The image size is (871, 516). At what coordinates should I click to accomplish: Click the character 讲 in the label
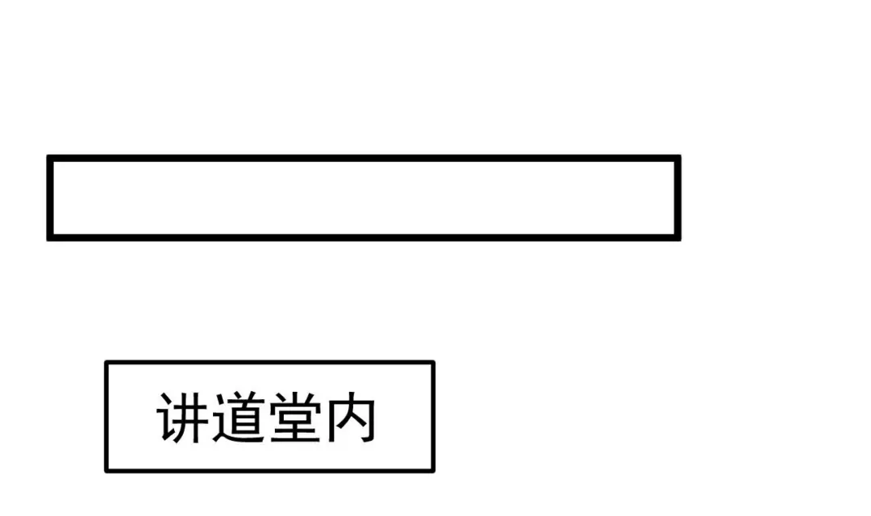184,418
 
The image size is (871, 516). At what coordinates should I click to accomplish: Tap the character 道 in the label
239,418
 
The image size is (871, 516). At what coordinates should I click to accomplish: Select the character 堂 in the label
294,418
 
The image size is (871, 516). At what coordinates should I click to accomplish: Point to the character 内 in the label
349,418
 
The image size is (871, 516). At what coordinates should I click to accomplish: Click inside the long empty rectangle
363,198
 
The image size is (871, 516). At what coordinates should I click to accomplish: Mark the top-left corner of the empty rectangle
49,158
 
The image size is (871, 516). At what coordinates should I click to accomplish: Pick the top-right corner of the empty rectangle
677,158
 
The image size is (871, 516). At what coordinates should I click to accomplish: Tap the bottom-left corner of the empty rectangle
49,238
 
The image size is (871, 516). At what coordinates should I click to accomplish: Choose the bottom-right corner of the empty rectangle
677,238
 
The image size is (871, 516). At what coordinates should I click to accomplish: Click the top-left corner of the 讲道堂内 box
106,363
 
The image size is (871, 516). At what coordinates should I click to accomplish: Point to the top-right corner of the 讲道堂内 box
433,363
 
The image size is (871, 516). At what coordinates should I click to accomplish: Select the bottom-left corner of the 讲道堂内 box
106,470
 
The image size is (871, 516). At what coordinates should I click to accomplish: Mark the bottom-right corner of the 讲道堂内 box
433,470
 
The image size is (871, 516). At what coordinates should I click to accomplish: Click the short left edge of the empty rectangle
49,198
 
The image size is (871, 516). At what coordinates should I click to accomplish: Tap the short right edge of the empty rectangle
677,198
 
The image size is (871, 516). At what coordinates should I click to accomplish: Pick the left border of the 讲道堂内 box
106,417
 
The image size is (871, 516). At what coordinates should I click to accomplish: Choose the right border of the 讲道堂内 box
433,417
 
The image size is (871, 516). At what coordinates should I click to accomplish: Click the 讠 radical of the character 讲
167,418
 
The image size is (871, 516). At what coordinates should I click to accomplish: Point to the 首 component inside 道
244,414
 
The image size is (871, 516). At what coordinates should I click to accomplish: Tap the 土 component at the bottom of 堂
294,431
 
